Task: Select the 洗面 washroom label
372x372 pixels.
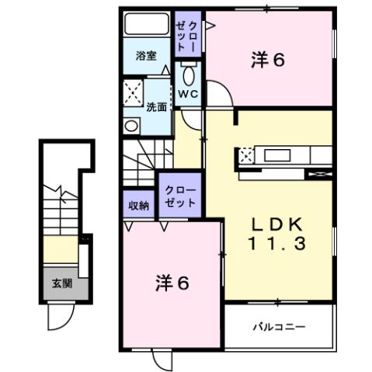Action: pos(157,107)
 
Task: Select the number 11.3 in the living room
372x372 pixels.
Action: pos(277,243)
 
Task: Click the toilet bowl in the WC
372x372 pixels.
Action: pos(189,75)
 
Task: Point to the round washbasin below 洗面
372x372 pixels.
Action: pos(129,124)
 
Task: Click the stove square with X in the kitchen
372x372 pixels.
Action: pos(246,155)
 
